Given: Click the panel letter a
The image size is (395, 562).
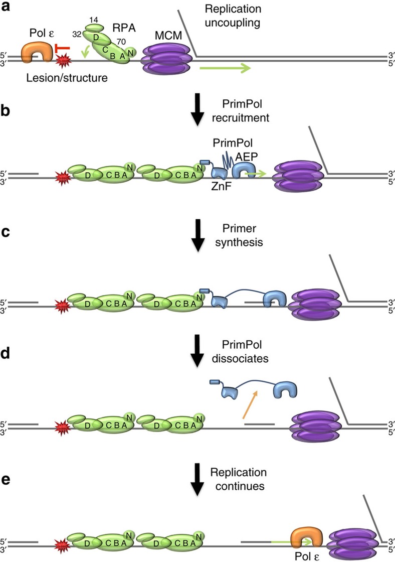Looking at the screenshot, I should pyautogui.click(x=7, y=9).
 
